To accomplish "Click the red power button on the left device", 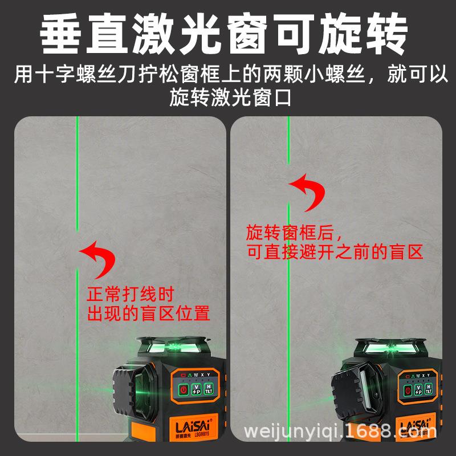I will (x=184, y=390).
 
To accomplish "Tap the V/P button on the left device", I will (x=197, y=390).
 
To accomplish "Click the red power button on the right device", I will (x=408, y=390).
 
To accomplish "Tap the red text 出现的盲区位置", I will (x=148, y=313).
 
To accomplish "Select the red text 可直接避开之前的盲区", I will (x=335, y=252).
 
